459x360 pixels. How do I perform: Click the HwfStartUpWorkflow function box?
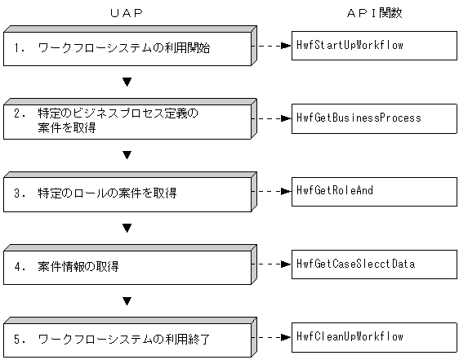tap(374, 46)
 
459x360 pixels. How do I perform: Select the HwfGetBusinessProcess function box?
tap(374, 118)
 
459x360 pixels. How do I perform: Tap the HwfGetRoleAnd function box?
tap(374, 191)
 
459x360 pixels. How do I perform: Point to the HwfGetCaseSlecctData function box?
tap(374, 264)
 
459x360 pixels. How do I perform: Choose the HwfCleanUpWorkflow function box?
tap(374, 336)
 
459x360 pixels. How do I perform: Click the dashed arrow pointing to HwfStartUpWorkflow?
tap(270, 46)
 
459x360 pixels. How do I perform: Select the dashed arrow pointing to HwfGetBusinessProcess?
tap(270, 118)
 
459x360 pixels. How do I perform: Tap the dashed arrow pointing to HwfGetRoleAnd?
tap(270, 191)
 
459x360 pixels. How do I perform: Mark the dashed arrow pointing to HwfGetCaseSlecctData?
tap(270, 264)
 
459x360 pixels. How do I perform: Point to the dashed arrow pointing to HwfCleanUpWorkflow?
tap(270, 336)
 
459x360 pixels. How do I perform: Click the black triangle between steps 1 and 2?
tap(127, 82)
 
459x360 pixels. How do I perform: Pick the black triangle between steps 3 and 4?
tap(127, 228)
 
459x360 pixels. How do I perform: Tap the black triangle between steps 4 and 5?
tap(127, 300)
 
